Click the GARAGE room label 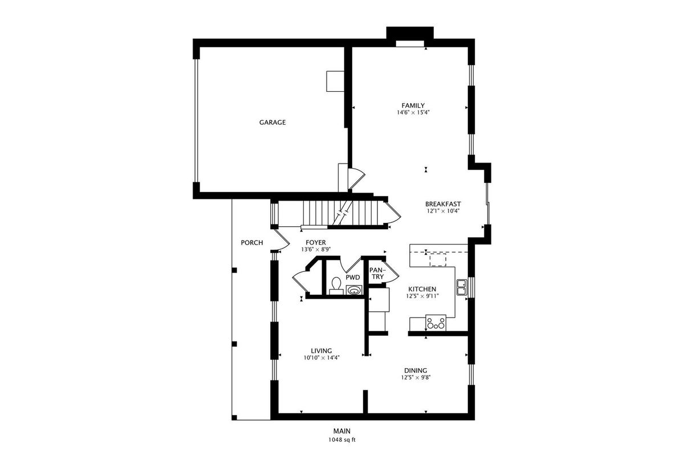point(272,123)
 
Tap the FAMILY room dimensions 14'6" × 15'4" point(413,112)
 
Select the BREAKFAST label point(443,204)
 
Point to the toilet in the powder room point(336,286)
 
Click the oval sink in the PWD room point(354,290)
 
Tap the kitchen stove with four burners point(435,323)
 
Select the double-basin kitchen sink point(461,287)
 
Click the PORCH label point(252,243)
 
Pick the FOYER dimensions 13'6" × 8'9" point(316,250)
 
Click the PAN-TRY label point(377,274)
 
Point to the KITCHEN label point(422,289)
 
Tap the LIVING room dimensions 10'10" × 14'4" point(321,357)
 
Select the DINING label point(416,371)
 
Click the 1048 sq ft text point(342,440)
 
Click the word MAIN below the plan point(342,431)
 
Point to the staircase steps point(340,213)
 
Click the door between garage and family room point(356,178)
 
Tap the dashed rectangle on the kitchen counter point(438,259)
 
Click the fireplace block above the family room point(410,33)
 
